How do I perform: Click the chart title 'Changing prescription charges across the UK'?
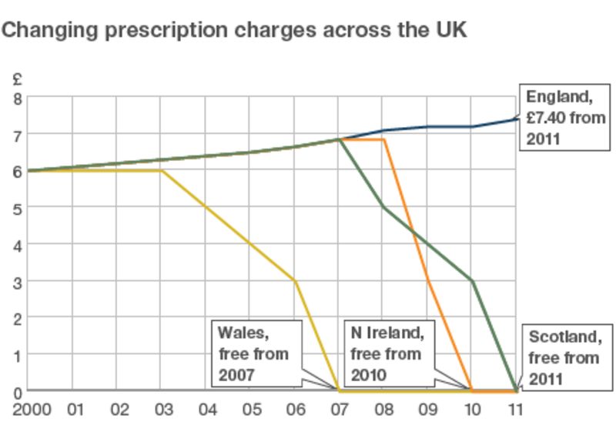(x=234, y=31)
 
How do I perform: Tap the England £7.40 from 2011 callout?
(x=565, y=118)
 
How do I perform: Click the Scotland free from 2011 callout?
(x=564, y=358)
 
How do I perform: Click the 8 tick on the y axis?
(x=18, y=98)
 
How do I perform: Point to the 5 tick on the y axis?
(x=18, y=208)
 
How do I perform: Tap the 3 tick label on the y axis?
(x=18, y=281)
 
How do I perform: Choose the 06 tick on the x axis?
(x=294, y=407)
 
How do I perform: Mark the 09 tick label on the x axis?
(x=427, y=407)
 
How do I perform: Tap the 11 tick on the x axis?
(x=515, y=407)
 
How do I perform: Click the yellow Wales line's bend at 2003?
(x=162, y=171)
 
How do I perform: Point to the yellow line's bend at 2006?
(x=295, y=281)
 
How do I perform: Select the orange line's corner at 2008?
(x=383, y=139)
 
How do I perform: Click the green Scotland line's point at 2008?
(x=383, y=207)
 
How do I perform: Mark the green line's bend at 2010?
(x=472, y=281)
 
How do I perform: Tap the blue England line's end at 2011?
(x=516, y=119)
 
